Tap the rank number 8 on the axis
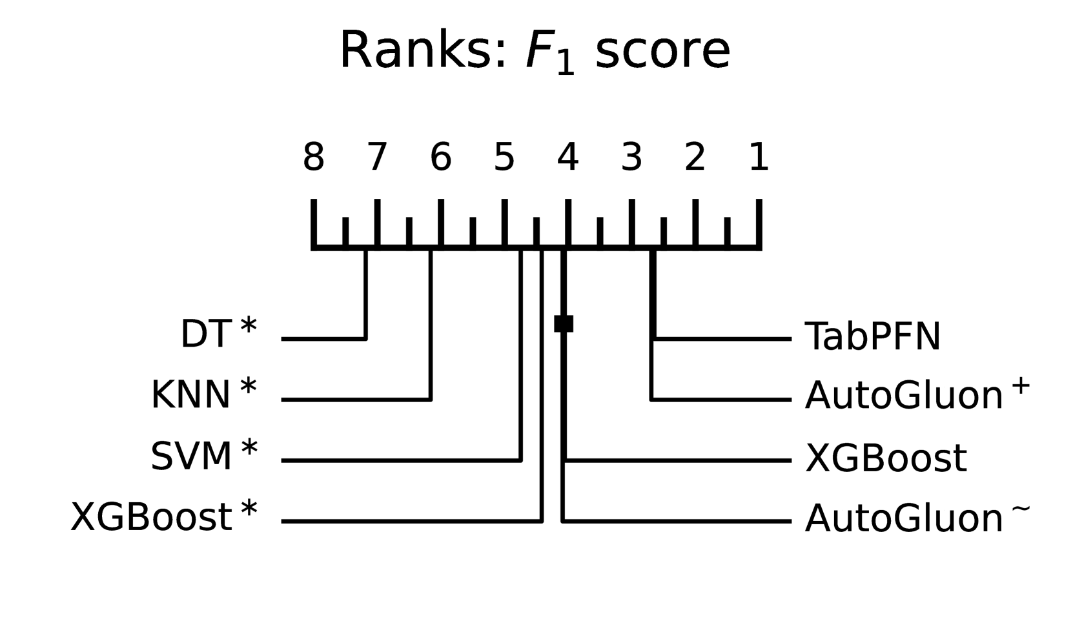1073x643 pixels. (x=314, y=158)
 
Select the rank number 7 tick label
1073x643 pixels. (x=377, y=158)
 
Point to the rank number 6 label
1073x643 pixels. (x=440, y=158)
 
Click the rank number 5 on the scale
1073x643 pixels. (x=504, y=158)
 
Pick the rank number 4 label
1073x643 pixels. (x=567, y=158)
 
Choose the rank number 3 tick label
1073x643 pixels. (x=631, y=158)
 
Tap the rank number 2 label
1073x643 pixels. (x=695, y=158)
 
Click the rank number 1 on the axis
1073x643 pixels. (x=759, y=158)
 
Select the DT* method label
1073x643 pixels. (x=218, y=334)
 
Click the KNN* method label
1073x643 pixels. (x=203, y=394)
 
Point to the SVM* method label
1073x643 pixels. (x=203, y=456)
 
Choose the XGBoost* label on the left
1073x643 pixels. (x=163, y=516)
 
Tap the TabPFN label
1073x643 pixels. (x=873, y=336)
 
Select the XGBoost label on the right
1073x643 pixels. (x=886, y=458)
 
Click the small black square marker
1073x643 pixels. (x=564, y=323)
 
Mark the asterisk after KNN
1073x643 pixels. (x=248, y=388)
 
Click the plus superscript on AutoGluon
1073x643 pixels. (x=1020, y=385)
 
